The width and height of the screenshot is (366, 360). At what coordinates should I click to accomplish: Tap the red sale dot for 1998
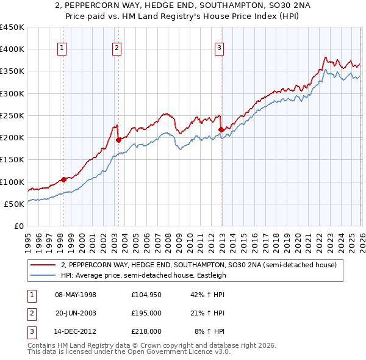63,179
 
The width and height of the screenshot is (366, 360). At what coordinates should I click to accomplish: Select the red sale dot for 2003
118,140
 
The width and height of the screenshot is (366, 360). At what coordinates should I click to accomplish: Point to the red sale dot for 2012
221,129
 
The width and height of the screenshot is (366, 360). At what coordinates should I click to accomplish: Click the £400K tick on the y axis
12,49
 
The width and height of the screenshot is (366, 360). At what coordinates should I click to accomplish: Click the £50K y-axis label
14,204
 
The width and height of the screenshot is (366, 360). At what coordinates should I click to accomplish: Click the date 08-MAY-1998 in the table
76,295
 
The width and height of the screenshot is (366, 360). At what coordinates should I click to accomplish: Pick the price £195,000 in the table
146,313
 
